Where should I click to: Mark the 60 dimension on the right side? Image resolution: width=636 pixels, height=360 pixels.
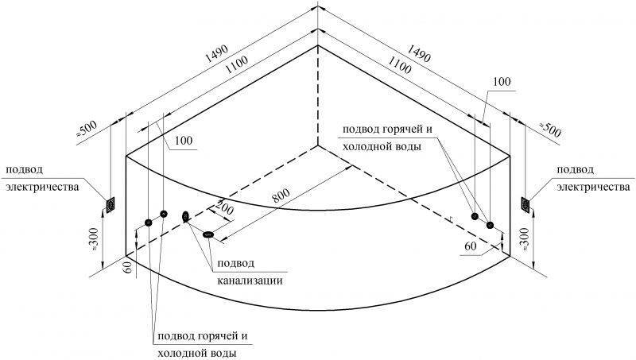471,246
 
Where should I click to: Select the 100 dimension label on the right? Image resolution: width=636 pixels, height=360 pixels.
502,82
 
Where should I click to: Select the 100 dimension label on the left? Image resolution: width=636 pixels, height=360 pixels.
184,140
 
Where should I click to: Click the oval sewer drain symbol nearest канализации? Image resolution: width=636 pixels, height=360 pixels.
208,234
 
